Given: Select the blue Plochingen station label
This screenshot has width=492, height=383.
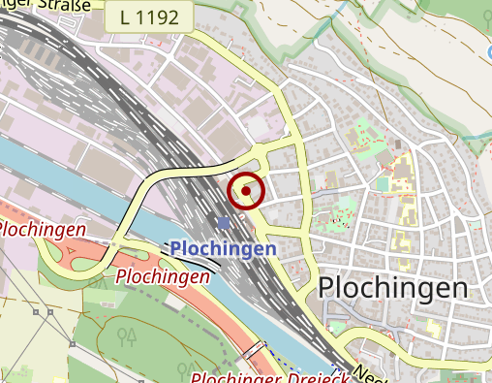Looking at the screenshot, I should (223, 249).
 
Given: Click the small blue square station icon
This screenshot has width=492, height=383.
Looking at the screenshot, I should (225, 224).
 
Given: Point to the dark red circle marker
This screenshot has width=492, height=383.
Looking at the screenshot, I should (246, 191).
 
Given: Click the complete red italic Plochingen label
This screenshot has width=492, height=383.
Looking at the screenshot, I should (163, 277).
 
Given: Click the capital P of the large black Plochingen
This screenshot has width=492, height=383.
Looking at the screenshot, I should (326, 287).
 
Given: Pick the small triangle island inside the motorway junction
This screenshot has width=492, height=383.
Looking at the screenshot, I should (74, 253).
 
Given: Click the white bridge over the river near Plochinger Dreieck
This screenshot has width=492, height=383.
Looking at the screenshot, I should (254, 348).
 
